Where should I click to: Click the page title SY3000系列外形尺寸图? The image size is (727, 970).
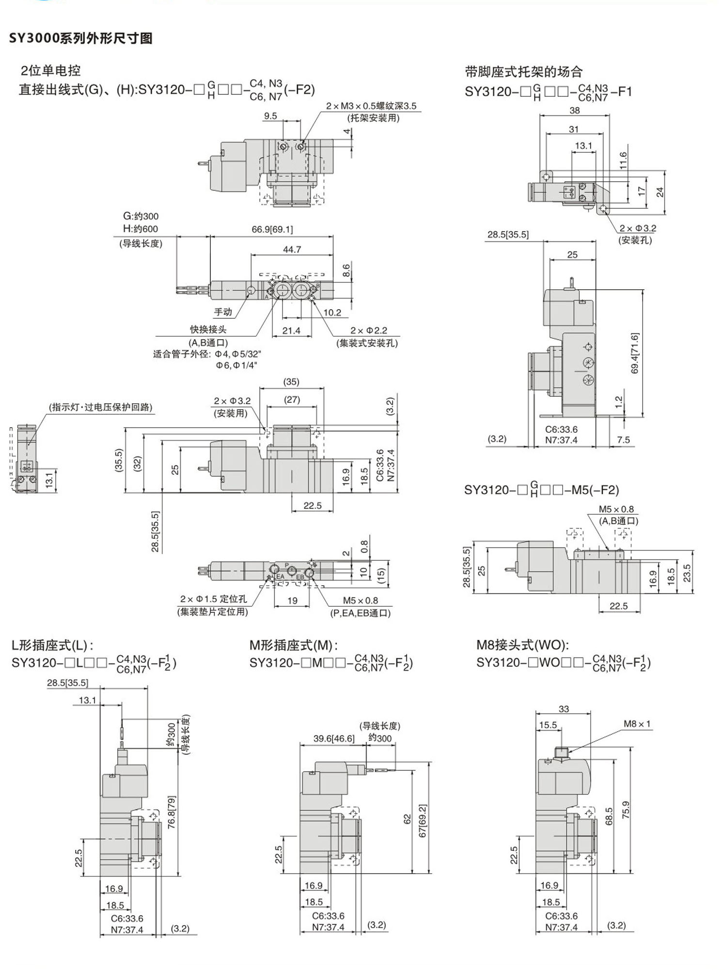click(81, 38)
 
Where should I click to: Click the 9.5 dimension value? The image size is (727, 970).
click(270, 116)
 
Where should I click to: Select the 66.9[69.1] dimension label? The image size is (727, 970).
click(272, 229)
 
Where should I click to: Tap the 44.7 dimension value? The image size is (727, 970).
click(292, 250)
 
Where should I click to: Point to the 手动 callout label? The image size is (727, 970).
click(223, 312)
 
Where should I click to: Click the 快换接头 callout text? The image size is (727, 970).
click(208, 329)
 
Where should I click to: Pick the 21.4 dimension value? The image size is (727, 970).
click(291, 330)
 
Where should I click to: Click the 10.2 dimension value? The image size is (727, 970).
click(332, 313)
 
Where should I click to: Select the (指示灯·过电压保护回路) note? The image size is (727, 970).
click(101, 407)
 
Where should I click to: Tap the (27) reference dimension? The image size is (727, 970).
click(292, 399)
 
